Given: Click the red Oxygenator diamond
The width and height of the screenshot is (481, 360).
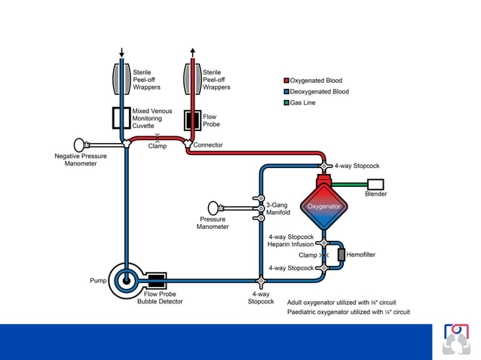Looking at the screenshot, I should tap(323, 206).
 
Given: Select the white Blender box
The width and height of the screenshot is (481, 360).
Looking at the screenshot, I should tap(375, 184).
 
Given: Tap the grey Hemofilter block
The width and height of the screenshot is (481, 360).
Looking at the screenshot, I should tap(341, 255).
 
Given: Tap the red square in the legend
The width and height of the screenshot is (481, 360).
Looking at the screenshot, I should tap(286, 80).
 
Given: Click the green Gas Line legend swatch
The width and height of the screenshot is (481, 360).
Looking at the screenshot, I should tap(286, 102).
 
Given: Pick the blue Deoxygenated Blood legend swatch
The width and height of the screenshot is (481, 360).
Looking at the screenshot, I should tap(286, 91).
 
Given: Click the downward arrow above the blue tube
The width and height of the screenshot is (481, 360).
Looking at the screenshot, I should tap(122, 52).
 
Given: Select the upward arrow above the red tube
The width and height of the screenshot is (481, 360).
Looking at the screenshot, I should tap(192, 52).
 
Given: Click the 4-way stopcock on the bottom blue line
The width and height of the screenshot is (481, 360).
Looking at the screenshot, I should tap(261, 281).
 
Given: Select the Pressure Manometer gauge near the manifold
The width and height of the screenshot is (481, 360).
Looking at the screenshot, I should tap(216, 206).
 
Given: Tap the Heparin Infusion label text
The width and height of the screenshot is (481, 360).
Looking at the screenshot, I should tap(290, 244).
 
